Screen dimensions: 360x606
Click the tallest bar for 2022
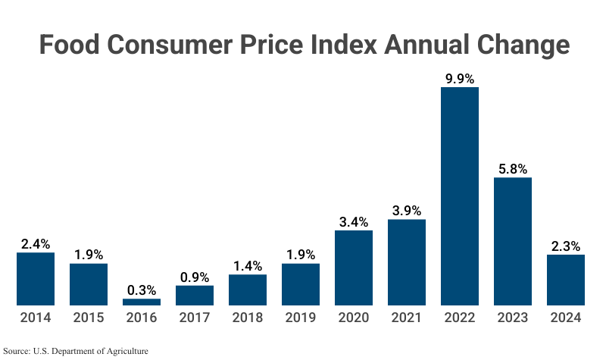460,196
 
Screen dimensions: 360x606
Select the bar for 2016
142,302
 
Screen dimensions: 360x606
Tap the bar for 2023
513,242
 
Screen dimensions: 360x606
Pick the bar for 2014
36,279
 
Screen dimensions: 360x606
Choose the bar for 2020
354,268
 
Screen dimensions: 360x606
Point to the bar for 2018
248,290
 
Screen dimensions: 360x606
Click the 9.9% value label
460,78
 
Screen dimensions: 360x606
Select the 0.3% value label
142,290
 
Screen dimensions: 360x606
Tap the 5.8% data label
513,168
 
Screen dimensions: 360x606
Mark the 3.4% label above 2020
354,222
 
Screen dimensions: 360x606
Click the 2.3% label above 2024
566,246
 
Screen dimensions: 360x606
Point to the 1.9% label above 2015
89,255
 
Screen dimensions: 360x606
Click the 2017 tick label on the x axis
195,318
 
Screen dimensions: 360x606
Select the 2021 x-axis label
407,318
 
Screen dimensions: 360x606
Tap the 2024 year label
566,318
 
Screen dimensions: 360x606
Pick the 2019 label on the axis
301,318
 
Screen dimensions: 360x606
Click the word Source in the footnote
16,351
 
